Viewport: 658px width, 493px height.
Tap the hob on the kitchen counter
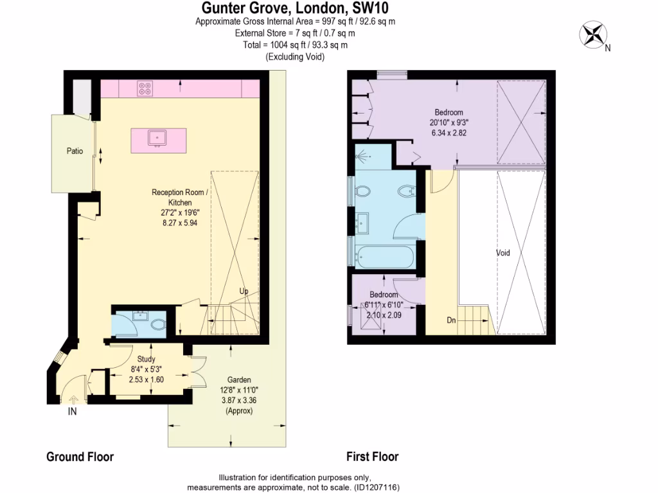pos(145,89)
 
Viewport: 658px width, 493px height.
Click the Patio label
pos(75,151)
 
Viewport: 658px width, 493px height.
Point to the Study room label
pos(146,359)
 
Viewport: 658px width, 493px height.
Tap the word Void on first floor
pos(502,253)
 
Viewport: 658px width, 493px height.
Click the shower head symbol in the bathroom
pos(363,155)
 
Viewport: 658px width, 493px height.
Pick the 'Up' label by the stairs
pos(244,291)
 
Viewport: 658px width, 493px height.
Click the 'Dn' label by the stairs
pos(452,320)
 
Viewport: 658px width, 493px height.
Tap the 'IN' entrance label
pos(72,412)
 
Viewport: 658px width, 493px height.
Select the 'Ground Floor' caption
pos(80,457)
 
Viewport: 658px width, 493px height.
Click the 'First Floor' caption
pos(372,457)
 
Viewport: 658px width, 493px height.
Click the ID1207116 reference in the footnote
pos(376,488)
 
